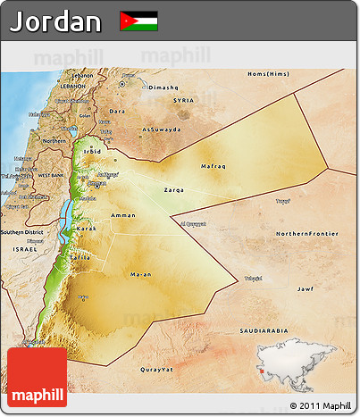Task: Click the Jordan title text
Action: click(55, 21)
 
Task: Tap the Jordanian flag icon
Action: click(138, 21)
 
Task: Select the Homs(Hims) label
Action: click(269, 73)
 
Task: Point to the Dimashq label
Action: click(164, 88)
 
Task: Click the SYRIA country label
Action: click(183, 100)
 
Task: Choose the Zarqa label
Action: click(174, 190)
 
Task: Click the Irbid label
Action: click(93, 152)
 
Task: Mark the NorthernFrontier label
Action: click(306, 233)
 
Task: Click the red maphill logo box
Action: click(37, 377)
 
